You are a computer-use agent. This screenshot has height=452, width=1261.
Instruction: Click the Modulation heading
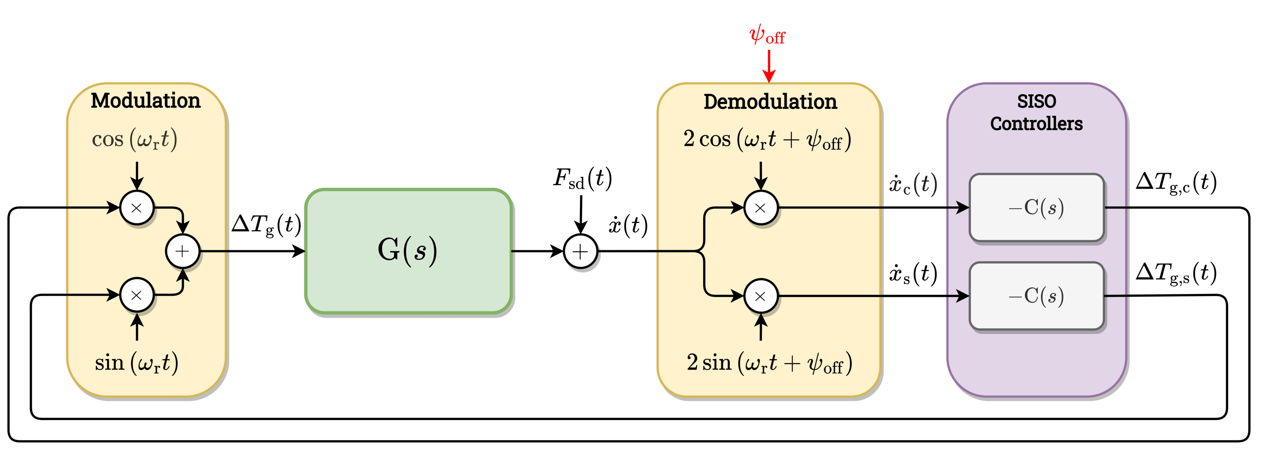tap(145, 101)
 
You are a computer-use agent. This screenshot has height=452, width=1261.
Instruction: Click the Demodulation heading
tap(770, 102)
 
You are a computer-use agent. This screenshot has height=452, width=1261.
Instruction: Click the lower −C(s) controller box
tap(1036, 296)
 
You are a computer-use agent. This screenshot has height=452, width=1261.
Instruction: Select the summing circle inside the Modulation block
tap(183, 251)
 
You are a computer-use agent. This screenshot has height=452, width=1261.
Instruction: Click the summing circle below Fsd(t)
tap(581, 252)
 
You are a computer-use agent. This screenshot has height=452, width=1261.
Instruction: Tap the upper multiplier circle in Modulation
tap(137, 208)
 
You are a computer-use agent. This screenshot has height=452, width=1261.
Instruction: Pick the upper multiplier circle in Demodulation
tap(760, 208)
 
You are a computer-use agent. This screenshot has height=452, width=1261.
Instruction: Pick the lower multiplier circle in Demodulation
tap(760, 296)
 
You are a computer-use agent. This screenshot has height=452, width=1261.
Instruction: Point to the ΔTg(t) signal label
tap(266, 226)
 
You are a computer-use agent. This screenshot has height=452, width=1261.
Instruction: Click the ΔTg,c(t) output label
tap(1176, 183)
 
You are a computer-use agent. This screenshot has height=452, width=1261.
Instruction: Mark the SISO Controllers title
tap(1036, 113)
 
